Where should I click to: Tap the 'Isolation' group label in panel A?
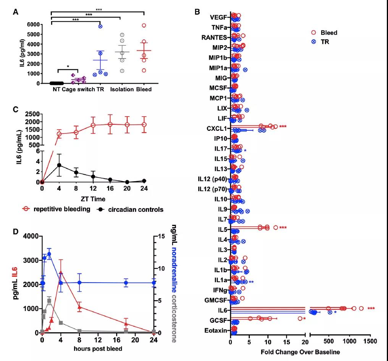122,89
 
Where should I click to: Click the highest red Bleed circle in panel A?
144,26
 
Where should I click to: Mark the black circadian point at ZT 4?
59,165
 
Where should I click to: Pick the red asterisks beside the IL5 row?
283,228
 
